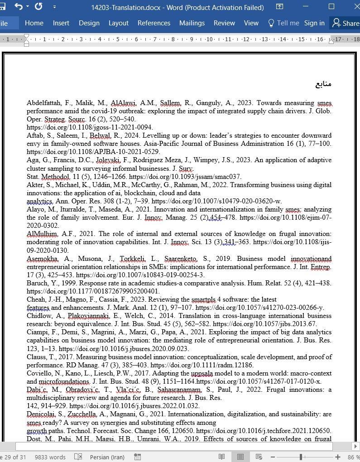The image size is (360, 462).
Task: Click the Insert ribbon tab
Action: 61,23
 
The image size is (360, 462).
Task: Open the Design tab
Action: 89,23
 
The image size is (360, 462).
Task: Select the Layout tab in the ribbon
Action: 118,23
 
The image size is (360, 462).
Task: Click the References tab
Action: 154,23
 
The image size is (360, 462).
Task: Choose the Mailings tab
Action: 192,23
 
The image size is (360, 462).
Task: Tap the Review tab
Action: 224,23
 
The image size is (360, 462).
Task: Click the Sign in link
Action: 314,23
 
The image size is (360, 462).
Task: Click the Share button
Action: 346,23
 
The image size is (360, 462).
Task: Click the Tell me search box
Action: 283,23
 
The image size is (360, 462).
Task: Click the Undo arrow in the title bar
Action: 19,7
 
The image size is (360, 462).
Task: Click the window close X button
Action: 352,7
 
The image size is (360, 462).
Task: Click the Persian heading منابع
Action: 323,84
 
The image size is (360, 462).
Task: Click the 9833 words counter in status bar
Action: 50,457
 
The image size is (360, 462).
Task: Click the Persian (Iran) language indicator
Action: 107,457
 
